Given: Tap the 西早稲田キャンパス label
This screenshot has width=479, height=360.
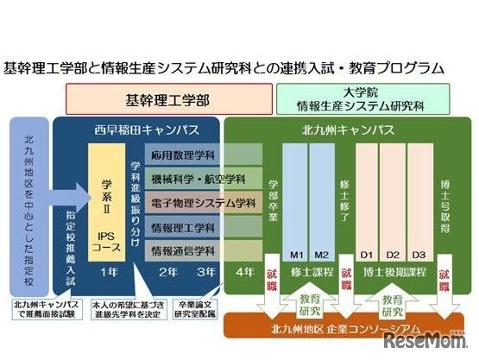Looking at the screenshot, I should pyautogui.click(x=137, y=129).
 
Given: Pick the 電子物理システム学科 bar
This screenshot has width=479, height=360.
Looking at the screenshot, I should pyautogui.click(x=204, y=204).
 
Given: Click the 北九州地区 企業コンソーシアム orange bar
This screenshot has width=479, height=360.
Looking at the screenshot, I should pyautogui.click(x=345, y=329).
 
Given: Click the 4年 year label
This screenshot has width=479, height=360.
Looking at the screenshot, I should pyautogui.click(x=244, y=271).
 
